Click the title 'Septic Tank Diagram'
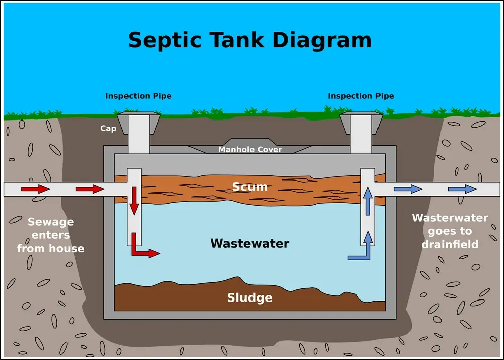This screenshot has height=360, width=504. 249,40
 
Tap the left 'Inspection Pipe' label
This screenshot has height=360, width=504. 138,96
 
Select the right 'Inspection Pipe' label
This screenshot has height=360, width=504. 361,96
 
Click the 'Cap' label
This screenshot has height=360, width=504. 108,129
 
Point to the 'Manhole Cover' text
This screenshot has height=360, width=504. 250,150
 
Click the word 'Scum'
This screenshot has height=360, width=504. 249,187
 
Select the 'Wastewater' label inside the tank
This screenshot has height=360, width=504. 249,244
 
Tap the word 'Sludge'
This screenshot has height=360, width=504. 249,298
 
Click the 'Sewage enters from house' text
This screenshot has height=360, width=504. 50,235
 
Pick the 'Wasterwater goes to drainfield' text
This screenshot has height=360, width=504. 450,231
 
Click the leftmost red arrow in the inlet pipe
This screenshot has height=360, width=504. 35,189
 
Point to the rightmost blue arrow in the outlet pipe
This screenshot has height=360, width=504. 462,189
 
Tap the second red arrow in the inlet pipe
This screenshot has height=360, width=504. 90,189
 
